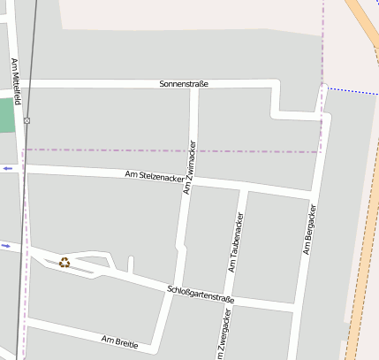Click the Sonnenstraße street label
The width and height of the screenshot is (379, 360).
[184, 84]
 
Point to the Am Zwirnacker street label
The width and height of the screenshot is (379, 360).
[189, 166]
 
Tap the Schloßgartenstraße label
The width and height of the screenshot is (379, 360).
[201, 295]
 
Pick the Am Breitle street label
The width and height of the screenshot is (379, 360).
[119, 341]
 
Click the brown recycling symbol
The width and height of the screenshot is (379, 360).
[64, 262]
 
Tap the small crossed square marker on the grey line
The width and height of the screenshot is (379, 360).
[27, 120]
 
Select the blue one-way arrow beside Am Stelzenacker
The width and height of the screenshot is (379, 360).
[8, 168]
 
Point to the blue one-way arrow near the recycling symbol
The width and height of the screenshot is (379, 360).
[6, 245]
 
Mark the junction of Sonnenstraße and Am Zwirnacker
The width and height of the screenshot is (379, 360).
[195, 86]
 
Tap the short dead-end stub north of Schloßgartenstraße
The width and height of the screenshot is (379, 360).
[130, 264]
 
